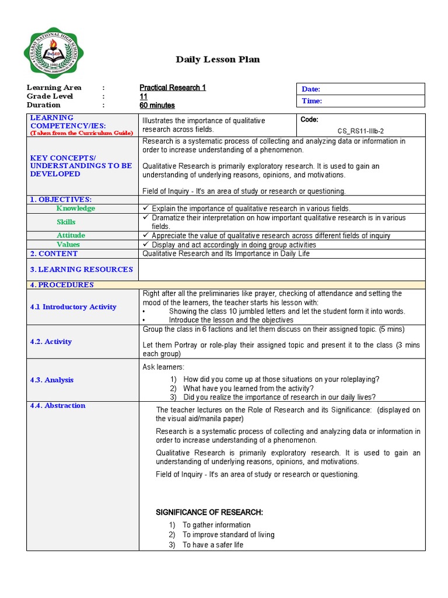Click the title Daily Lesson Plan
point(218,60)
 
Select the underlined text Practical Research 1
point(173,88)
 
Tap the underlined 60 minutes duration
point(157,106)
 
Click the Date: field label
point(311,89)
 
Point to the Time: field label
point(311,101)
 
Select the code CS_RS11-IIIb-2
point(360,131)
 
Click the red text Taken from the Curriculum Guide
point(82,133)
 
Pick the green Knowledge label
point(75,208)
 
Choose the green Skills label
point(66,222)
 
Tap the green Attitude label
point(71,235)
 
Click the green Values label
point(68,245)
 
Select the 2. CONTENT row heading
point(54,254)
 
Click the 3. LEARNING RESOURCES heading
point(82,270)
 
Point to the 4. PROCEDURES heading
point(62,285)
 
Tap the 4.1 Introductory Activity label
point(73,307)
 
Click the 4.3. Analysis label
point(52,380)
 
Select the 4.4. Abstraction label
point(58,406)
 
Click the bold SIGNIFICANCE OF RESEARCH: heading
point(209,512)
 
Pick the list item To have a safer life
point(213,545)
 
